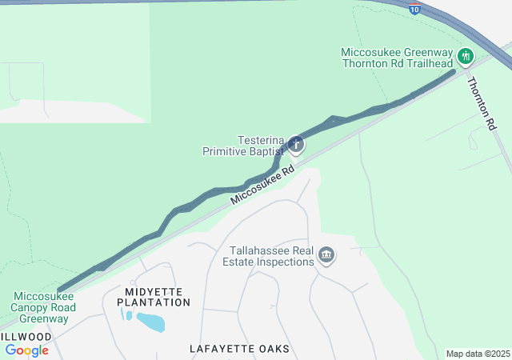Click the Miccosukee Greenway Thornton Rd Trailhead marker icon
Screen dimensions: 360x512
[466, 56]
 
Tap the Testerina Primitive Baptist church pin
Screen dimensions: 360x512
[296, 145]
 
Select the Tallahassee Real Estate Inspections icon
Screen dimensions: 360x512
[326, 256]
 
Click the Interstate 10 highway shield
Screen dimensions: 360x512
[414, 7]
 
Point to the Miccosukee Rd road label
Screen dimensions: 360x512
[262, 186]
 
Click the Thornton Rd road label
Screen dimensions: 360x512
[482, 104]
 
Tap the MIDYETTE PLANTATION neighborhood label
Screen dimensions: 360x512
[154, 296]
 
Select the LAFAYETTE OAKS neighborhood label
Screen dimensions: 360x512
[239, 349]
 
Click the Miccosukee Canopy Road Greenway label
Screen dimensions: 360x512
[43, 307]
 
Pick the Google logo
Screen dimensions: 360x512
[26, 350]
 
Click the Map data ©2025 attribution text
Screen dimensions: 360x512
[478, 354]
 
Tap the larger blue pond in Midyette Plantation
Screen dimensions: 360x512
[150, 322]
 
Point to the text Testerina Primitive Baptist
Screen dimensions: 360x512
[242, 145]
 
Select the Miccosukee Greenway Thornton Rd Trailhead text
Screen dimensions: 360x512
[398, 57]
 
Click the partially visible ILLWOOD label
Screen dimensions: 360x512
[26, 337]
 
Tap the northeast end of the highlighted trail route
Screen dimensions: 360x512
[454, 72]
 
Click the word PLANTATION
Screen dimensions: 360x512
[154, 302]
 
